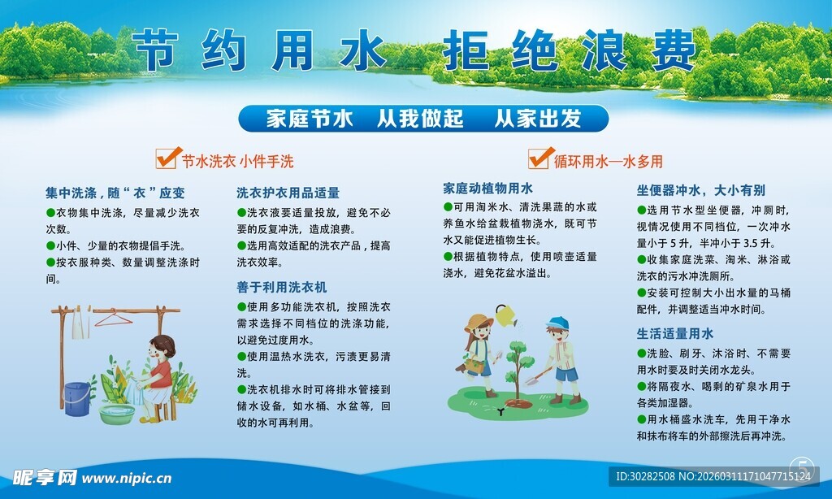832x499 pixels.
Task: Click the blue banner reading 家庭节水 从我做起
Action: [422, 119]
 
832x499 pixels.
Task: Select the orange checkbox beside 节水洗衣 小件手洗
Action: [167, 157]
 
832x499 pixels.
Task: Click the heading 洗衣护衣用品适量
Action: [288, 193]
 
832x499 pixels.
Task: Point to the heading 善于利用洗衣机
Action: [281, 287]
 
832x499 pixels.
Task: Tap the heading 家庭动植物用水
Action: [487, 188]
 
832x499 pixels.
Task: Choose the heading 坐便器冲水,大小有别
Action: [700, 190]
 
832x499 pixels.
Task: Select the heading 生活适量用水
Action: [674, 333]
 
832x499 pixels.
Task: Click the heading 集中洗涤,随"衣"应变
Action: [115, 193]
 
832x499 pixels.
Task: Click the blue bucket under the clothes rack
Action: [77, 398]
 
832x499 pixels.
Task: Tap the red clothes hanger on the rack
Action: [113, 318]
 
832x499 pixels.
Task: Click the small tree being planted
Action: [518, 362]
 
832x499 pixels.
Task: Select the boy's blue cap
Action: [557, 323]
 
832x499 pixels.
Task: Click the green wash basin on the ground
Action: [117, 414]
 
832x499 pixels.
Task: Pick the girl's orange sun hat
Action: [479, 322]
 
